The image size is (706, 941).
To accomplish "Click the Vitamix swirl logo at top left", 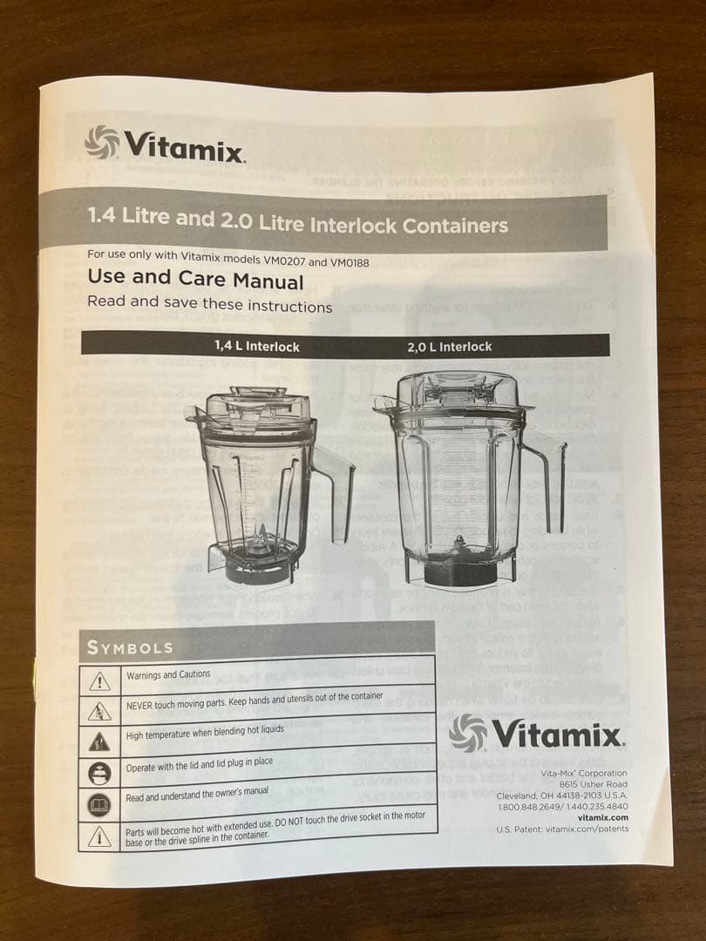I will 101,142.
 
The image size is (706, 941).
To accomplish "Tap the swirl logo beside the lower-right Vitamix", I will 468,732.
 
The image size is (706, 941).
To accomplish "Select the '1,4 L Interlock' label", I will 256,346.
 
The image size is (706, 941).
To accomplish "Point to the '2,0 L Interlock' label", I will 449,347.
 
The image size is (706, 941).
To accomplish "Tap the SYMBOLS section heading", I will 129,647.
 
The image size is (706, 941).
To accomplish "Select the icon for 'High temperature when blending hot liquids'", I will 100,741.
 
